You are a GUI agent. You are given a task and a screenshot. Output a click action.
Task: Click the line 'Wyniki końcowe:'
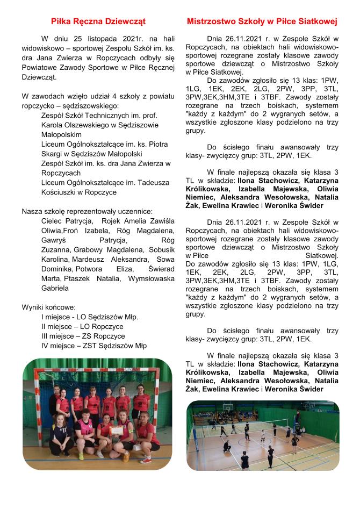pos(46,307)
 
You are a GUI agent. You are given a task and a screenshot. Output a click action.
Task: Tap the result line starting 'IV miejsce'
pos(93,346)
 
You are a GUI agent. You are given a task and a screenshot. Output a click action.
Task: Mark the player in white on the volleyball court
pos(275,432)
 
